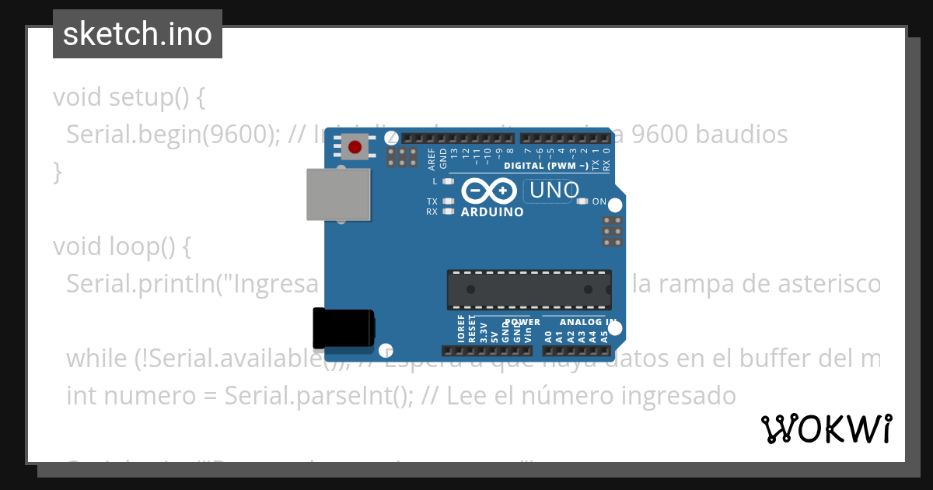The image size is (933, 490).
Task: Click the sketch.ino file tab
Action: (x=138, y=34)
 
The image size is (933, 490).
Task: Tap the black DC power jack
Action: (x=343, y=328)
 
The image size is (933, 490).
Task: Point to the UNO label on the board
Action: (x=553, y=190)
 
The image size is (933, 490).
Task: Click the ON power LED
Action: (x=582, y=201)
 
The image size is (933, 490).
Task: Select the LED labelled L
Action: (x=447, y=181)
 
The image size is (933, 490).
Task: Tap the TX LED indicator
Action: (x=447, y=201)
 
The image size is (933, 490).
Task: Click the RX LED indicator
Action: (x=447, y=212)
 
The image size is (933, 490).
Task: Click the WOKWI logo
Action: (x=826, y=429)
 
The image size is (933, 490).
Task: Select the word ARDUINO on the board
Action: (x=492, y=212)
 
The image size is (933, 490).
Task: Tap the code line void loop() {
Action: (x=121, y=247)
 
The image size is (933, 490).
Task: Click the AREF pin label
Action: (x=432, y=159)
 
